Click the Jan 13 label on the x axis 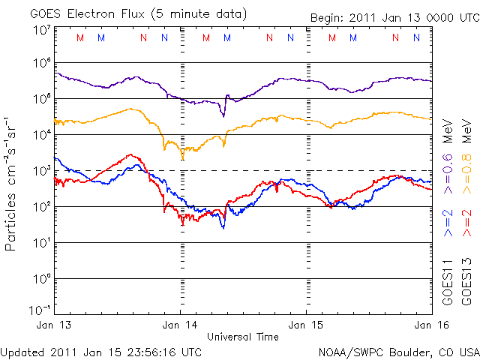(54, 325)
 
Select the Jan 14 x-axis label (180, 325)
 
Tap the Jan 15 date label (306, 325)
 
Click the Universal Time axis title (243, 337)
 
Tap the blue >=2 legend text (448, 223)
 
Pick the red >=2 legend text (466, 223)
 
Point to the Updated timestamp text (101, 351)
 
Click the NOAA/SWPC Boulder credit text (398, 351)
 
